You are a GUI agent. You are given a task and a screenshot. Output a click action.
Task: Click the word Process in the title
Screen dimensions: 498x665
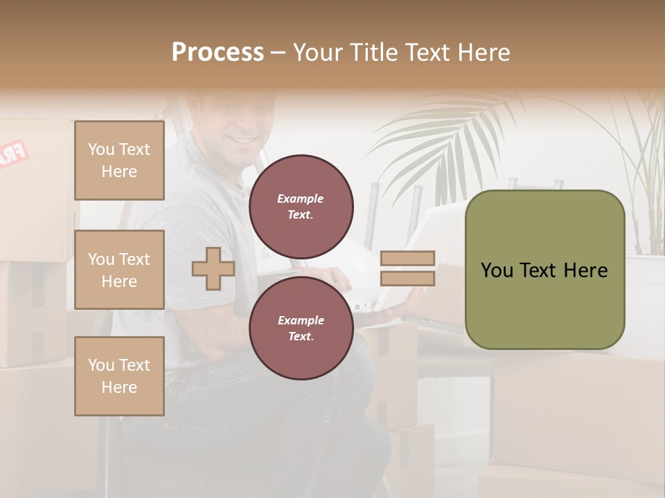pos(218,52)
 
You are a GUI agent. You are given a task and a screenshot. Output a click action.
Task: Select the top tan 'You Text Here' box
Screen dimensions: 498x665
pos(119,160)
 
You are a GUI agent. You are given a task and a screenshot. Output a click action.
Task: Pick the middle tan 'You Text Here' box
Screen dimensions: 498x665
pos(119,270)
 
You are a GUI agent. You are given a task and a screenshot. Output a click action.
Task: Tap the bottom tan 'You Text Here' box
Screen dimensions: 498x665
pos(119,376)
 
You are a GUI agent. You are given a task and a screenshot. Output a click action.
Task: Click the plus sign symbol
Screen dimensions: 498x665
pos(213,268)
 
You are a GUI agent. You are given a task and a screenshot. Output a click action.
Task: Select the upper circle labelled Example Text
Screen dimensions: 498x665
pos(301,207)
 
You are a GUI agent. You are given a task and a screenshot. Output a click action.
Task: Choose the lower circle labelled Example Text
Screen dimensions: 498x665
pos(301,329)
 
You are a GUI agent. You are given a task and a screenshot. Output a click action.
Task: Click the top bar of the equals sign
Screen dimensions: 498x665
pos(408,259)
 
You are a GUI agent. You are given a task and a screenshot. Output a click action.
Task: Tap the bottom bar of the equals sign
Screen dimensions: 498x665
pos(408,279)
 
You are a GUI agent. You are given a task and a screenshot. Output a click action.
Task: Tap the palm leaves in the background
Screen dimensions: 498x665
pos(443,138)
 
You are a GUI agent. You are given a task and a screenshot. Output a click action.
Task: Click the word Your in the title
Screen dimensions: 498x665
pos(319,52)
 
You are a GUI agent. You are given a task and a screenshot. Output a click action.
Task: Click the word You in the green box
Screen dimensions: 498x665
pos(497,270)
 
